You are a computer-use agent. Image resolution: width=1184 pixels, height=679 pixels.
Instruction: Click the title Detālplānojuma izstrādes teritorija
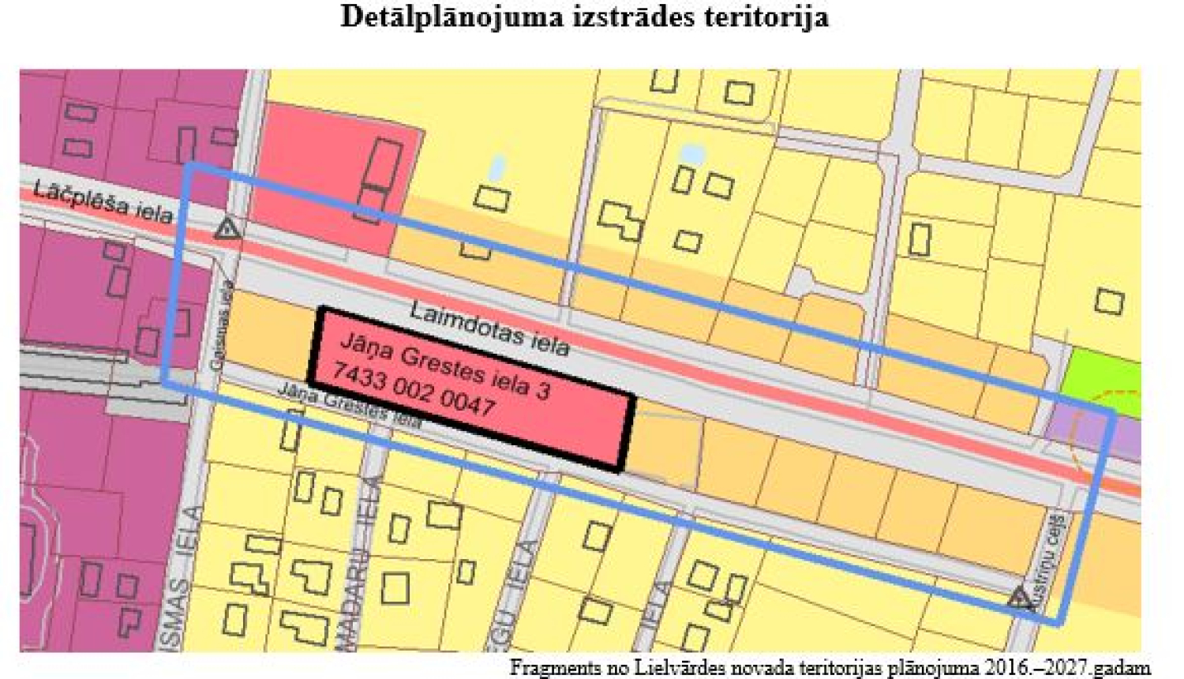(584, 17)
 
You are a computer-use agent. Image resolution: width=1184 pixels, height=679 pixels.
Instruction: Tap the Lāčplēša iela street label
(103, 202)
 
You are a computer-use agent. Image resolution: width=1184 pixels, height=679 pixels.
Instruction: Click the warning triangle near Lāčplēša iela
(227, 230)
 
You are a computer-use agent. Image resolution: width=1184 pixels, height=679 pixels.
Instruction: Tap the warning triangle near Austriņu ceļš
(1020, 598)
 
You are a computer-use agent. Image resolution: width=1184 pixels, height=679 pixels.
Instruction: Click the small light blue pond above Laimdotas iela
(497, 167)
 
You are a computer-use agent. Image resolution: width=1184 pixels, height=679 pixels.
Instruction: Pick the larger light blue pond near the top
(691, 154)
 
